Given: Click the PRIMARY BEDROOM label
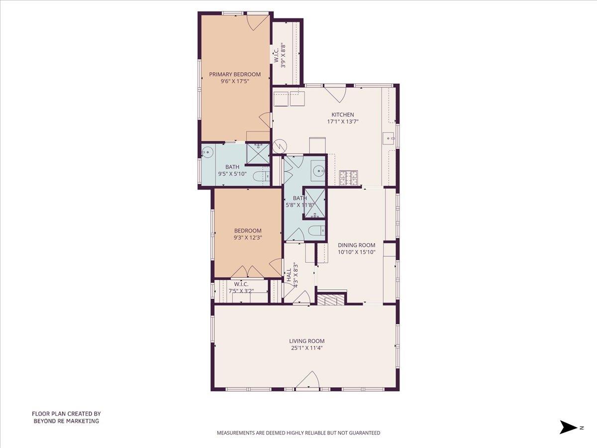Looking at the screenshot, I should click(x=235, y=74).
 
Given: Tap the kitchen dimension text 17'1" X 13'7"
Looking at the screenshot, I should click(x=343, y=121).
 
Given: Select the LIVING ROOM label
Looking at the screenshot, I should click(x=307, y=341).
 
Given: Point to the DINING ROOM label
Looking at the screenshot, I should click(x=357, y=245).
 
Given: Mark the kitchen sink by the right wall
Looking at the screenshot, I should click(x=389, y=138).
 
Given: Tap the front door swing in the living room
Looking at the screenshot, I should click(x=307, y=380).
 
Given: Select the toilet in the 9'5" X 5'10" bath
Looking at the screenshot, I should click(x=261, y=176).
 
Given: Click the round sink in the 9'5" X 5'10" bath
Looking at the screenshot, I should click(x=207, y=152).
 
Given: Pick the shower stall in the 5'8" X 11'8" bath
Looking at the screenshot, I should click(x=314, y=203).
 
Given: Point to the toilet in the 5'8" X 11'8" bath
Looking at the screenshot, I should click(x=317, y=230).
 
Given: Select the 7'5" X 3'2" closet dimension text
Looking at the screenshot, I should click(x=241, y=291).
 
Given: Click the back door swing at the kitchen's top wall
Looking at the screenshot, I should click(x=335, y=94).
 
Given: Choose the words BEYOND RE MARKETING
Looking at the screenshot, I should click(x=66, y=421).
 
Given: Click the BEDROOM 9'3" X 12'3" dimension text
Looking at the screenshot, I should click(x=248, y=238).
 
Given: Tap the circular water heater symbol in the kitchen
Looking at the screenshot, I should click(x=279, y=146).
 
